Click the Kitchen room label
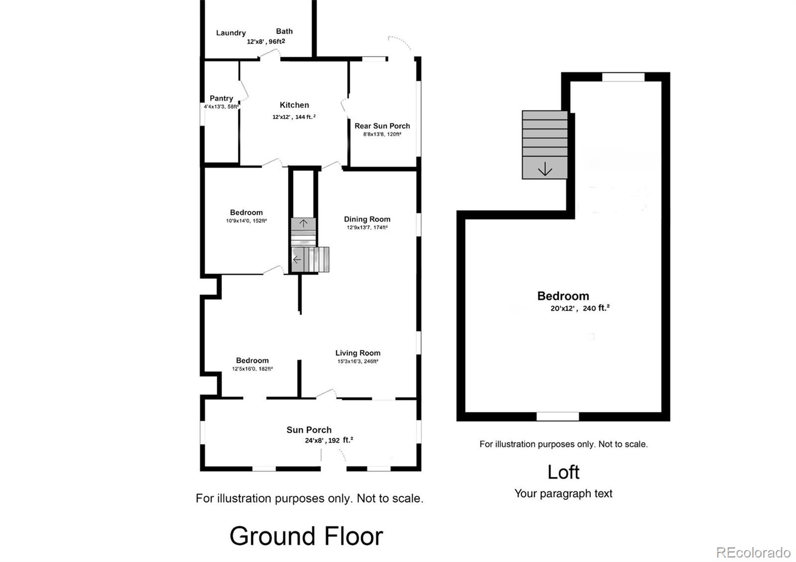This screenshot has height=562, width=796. [294, 105]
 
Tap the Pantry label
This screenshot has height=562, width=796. [221, 98]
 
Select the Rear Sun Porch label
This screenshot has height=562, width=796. [382, 126]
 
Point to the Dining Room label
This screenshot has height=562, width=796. [367, 219]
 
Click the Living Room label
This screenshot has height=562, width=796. [358, 353]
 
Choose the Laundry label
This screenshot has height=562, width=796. [231, 33]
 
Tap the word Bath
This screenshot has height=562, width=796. [284, 31]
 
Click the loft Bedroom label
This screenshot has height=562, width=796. [563, 296]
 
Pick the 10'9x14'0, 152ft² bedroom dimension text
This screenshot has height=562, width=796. [246, 221]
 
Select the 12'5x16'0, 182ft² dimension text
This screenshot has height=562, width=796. [252, 369]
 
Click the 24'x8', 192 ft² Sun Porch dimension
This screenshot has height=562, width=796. [329, 440]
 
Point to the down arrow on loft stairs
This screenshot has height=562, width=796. [545, 169]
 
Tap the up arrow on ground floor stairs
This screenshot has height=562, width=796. [303, 223]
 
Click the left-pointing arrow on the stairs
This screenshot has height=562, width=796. [297, 260]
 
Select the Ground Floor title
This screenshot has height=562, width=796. [306, 536]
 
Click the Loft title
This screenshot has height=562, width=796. [563, 472]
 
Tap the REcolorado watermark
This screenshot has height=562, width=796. [753, 553]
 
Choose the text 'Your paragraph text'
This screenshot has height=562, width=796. [563, 494]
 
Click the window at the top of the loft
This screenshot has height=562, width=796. [623, 77]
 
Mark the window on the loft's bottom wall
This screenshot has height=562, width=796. [558, 417]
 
